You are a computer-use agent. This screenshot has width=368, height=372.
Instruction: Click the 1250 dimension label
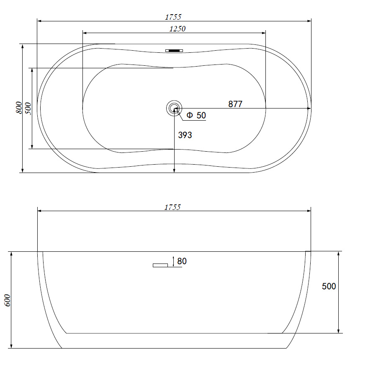pos(178,29)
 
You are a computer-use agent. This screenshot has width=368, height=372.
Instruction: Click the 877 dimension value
pos(235,104)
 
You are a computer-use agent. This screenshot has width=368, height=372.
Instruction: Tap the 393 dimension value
pos(185,135)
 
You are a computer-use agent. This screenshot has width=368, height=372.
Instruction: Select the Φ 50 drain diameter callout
pos(196,115)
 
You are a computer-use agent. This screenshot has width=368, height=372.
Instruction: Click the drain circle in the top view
pos(174,101)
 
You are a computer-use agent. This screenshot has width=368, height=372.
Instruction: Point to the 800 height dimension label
pos(19,108)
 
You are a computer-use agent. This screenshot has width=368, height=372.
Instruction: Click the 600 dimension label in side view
pos(8,300)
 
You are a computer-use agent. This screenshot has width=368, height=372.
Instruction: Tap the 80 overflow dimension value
pos(182,261)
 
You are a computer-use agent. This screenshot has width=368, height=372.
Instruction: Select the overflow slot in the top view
pos(174,51)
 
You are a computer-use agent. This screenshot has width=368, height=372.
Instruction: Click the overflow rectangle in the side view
pos(160,266)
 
